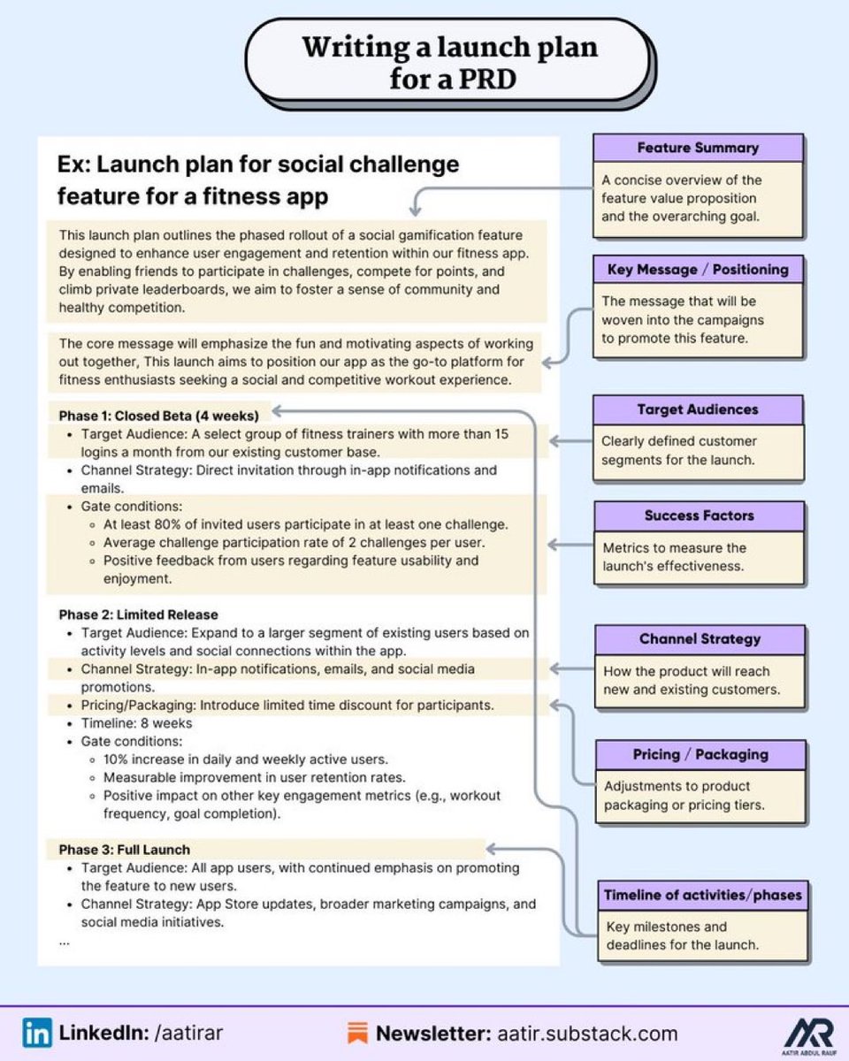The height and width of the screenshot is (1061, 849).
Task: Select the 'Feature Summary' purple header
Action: coord(698,148)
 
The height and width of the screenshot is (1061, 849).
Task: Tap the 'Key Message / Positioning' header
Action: coord(698,269)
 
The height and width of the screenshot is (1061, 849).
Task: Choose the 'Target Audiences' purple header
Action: coord(698,409)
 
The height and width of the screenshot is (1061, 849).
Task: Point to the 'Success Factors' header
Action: coord(699,515)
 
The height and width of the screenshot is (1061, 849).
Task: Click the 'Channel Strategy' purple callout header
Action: coord(700,639)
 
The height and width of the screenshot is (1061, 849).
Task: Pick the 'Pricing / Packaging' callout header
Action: coord(700,754)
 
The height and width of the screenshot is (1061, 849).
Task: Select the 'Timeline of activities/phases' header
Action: coord(702,895)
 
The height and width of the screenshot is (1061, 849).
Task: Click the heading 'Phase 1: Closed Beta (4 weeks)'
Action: coord(158,415)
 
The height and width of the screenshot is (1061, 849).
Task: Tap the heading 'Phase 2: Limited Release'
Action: coord(138,614)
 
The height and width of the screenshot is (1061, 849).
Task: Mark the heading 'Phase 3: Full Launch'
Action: coord(125,850)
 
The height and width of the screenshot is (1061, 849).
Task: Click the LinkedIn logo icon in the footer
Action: coord(36,1033)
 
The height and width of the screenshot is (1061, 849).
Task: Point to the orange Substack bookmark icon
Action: coord(358,1033)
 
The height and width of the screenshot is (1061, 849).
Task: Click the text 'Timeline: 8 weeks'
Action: coord(136,723)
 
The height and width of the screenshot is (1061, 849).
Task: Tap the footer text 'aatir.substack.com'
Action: coord(587,1033)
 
